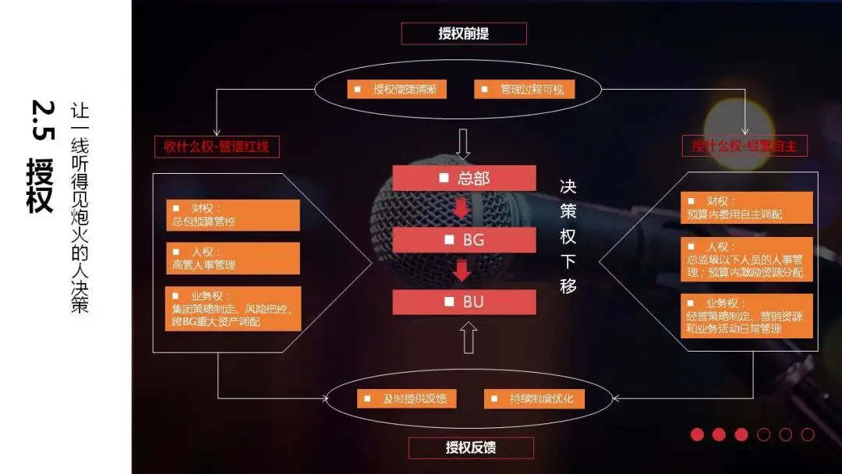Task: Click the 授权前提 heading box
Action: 464,34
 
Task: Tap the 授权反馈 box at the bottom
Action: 471,447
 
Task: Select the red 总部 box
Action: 464,179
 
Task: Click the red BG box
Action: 464,240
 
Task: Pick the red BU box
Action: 464,302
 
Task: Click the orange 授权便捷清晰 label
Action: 397,90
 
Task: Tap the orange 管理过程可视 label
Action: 524,90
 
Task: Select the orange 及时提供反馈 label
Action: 406,398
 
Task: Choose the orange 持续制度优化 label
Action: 534,398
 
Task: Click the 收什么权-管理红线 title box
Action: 217,146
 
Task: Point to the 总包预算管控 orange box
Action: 232,215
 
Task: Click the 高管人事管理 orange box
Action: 232,258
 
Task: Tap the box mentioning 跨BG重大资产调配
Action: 232,309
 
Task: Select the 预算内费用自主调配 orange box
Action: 746,207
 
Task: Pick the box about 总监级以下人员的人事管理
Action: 746,259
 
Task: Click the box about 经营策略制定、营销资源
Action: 746,316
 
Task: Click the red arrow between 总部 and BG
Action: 462,209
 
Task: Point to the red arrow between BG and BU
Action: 462,271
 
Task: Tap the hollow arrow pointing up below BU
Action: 468,338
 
